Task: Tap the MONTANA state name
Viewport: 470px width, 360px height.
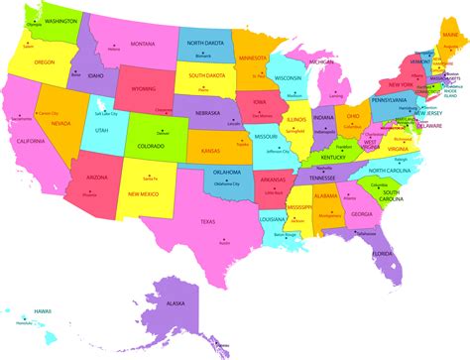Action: click(142, 44)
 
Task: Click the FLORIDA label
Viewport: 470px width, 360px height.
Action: click(382, 254)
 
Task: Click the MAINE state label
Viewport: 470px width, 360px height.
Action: click(450, 35)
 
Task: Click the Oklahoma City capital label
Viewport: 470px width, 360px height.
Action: click(226, 183)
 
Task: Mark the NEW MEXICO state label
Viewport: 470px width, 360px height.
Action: click(146, 193)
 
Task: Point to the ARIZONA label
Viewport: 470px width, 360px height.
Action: click(97, 178)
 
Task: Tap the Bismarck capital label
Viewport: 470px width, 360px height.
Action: click(202, 56)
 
